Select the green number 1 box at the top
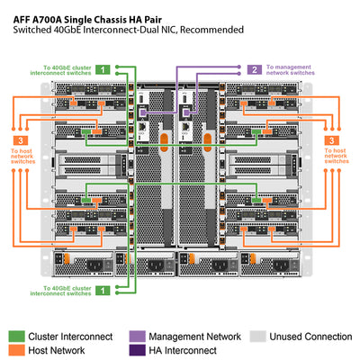[104, 68]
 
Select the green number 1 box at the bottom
[104, 290]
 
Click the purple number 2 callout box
[255, 68]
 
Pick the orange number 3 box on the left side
[20, 141]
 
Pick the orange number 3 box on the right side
[333, 141]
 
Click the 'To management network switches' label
[292, 69]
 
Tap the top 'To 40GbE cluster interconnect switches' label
[67, 69]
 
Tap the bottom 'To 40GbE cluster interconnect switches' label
[67, 290]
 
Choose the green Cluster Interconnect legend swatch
[17, 335]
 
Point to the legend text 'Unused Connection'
[310, 335]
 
